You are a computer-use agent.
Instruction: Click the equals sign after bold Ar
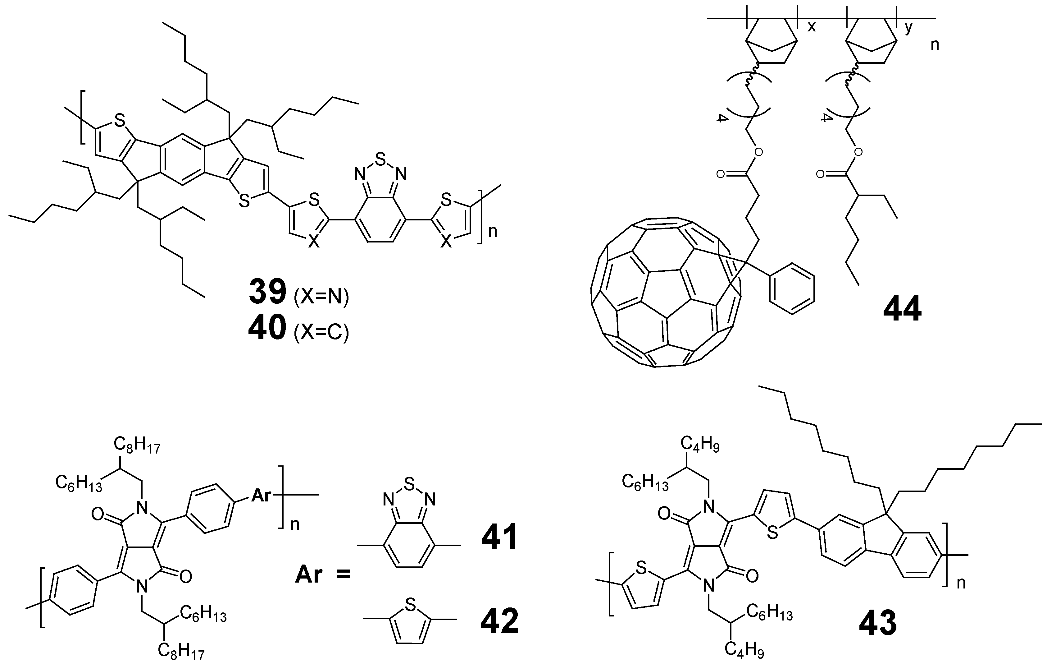tap(343, 574)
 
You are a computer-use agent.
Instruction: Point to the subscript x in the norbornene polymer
tap(811, 27)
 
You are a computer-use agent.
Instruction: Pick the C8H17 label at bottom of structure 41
tap(181, 650)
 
